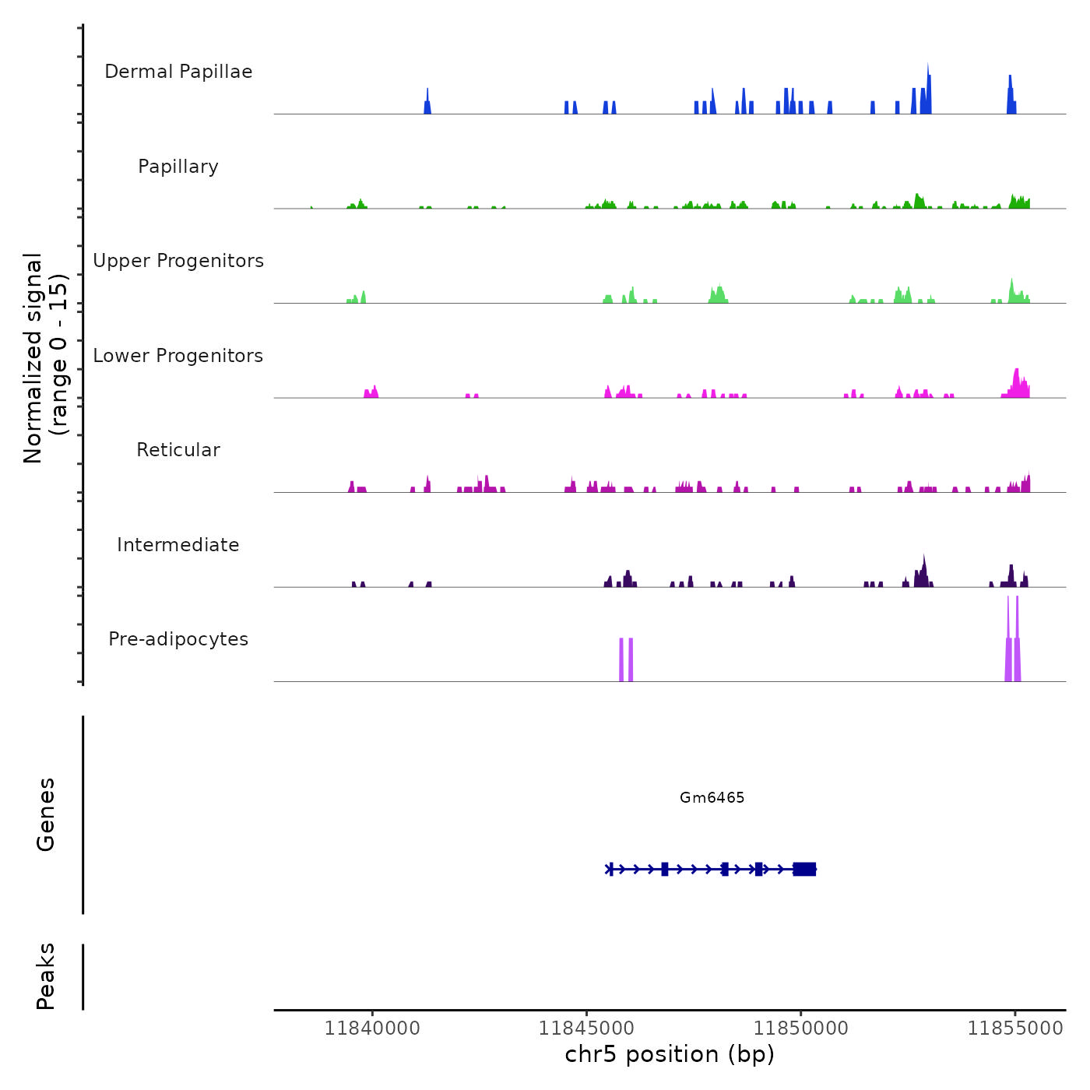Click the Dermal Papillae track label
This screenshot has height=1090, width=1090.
pyautogui.click(x=178, y=72)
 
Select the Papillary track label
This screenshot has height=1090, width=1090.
pyautogui.click(x=178, y=167)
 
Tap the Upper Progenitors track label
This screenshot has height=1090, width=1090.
pyautogui.click(x=178, y=261)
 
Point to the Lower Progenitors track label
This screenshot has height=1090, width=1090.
pyautogui.click(x=178, y=356)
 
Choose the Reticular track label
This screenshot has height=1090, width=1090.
pyautogui.click(x=178, y=450)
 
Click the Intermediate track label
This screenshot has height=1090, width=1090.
pyautogui.click(x=178, y=545)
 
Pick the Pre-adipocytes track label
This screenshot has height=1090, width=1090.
pyautogui.click(x=178, y=639)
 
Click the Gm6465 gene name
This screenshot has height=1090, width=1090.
pyautogui.click(x=712, y=797)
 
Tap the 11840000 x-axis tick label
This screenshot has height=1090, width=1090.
pyautogui.click(x=372, y=1028)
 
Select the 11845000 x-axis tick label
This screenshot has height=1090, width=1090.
pyautogui.click(x=586, y=1028)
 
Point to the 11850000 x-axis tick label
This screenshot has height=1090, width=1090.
pyautogui.click(x=801, y=1028)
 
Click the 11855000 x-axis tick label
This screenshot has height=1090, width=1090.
pyautogui.click(x=1015, y=1028)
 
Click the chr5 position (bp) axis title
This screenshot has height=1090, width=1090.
pyautogui.click(x=670, y=1054)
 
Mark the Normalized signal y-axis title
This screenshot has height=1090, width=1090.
pyautogui.click(x=45, y=357)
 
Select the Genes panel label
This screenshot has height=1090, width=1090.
pyautogui.click(x=45, y=814)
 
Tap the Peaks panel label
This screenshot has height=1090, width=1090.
pyautogui.click(x=45, y=976)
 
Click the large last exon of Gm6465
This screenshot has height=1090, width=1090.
pyautogui.click(x=804, y=869)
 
